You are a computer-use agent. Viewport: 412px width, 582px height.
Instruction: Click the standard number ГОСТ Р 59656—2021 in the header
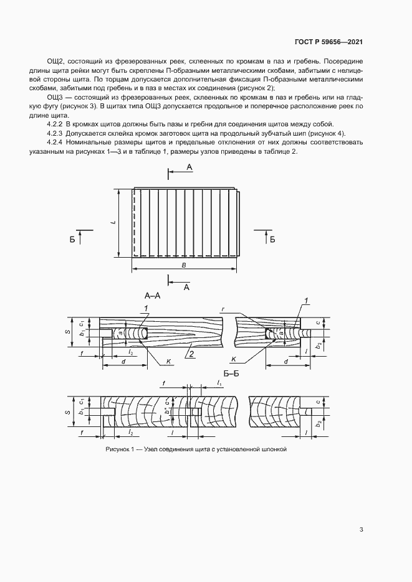click(x=328, y=42)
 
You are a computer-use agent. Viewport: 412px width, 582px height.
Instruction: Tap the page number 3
click(x=362, y=530)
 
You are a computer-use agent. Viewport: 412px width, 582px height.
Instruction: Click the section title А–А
click(x=153, y=296)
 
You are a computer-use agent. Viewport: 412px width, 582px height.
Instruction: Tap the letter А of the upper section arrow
click(x=189, y=168)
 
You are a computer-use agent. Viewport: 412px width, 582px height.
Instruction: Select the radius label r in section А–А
click(x=223, y=307)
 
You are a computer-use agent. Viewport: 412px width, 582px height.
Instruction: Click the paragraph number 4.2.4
click(x=56, y=143)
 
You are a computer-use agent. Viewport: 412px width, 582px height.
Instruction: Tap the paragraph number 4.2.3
click(x=56, y=134)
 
